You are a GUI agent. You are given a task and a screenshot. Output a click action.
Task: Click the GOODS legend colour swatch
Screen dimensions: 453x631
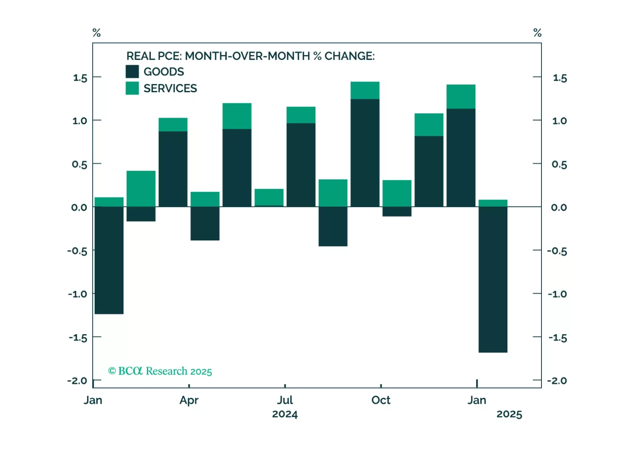click(x=132, y=71)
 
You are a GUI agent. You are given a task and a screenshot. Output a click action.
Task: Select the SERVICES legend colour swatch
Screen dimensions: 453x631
click(x=132, y=88)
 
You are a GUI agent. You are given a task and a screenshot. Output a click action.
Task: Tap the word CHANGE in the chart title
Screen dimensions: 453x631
click(x=349, y=56)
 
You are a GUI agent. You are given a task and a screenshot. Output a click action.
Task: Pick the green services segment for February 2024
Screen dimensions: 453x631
click(x=141, y=188)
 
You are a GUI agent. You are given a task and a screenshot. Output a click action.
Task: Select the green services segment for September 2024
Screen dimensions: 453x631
click(x=365, y=90)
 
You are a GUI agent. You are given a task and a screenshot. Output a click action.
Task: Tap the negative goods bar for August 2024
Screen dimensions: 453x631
click(x=333, y=226)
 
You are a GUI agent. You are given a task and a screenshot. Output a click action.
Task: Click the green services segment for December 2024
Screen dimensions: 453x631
click(x=461, y=97)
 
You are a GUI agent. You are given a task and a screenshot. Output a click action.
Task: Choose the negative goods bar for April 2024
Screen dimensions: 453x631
click(x=205, y=223)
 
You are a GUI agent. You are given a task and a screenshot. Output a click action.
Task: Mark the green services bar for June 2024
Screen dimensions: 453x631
click(x=269, y=197)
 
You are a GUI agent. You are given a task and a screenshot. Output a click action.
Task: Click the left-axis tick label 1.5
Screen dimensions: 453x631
click(x=80, y=78)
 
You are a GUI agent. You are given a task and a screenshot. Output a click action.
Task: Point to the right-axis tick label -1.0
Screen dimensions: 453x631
click(x=557, y=294)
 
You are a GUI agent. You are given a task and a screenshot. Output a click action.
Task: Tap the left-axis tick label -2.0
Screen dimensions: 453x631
click(x=77, y=381)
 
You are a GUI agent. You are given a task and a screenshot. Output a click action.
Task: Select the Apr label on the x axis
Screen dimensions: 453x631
click(x=189, y=400)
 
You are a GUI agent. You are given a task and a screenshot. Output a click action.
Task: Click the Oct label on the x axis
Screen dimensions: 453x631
click(x=381, y=400)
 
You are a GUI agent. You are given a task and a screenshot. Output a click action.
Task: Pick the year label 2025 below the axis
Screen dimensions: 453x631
click(x=509, y=414)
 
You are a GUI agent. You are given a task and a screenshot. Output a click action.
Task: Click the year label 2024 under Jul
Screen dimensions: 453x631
click(x=285, y=414)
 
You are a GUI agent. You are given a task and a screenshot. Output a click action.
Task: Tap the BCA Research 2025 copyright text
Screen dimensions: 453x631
click(x=160, y=371)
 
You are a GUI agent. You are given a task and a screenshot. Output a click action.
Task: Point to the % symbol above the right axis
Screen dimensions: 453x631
click(x=537, y=32)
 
